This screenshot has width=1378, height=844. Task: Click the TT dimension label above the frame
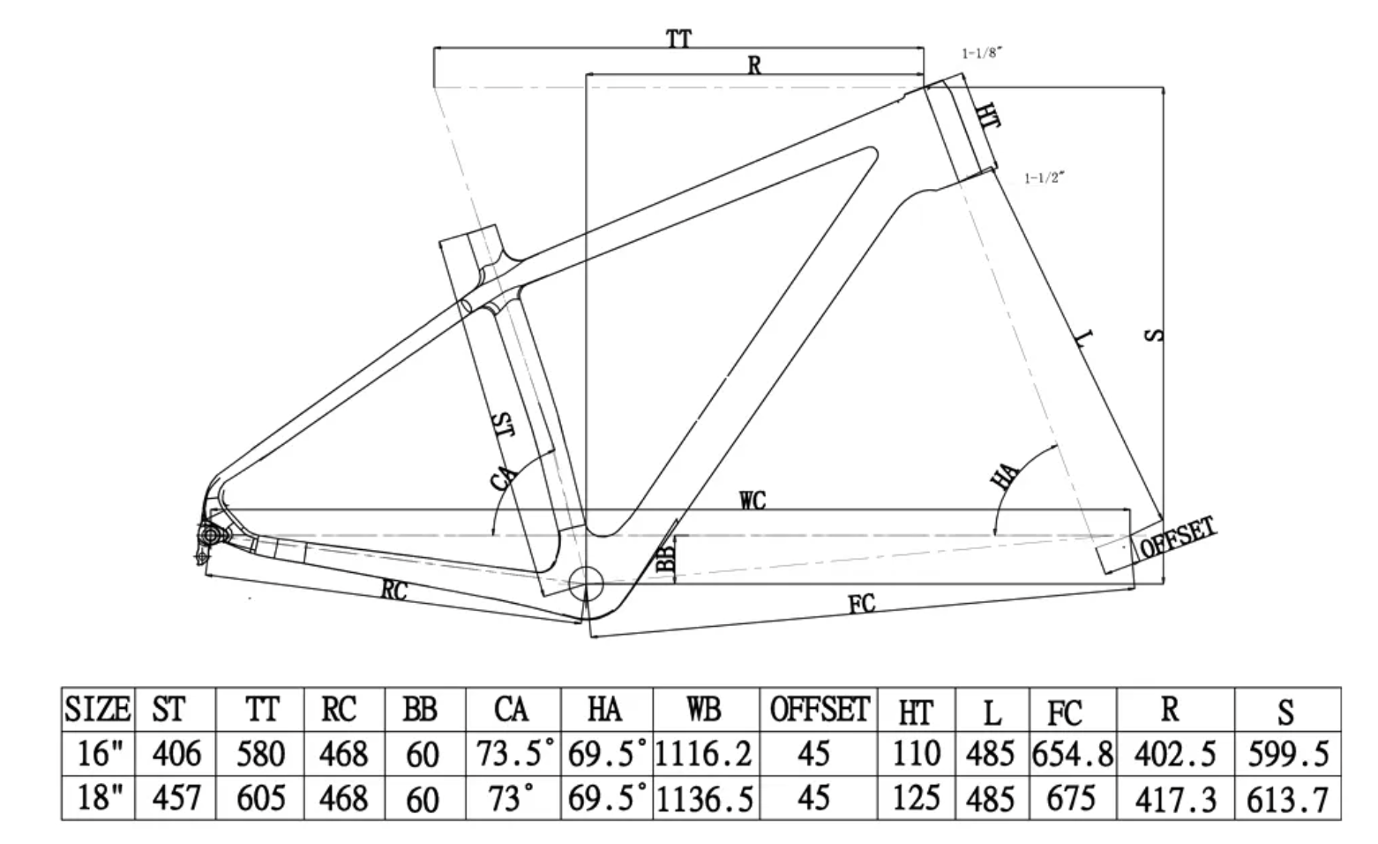point(678,39)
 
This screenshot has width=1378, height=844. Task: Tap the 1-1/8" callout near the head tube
point(982,54)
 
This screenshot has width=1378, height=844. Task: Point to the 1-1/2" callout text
point(1045,178)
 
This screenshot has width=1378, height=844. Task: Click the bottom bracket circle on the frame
point(585,584)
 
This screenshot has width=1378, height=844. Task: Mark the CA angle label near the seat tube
point(504,476)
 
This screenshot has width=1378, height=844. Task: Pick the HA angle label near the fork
point(1006,476)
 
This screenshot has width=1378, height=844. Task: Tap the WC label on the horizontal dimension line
point(753,501)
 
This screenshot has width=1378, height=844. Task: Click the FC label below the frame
point(861,604)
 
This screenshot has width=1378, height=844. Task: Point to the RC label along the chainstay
point(394,590)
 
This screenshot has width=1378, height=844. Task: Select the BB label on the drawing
point(667,558)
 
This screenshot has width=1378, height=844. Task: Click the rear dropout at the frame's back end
point(210,533)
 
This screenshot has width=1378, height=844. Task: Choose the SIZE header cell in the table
point(98,709)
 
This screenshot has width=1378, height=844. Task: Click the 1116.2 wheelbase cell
point(704,754)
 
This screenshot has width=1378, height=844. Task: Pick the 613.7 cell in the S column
point(1287,800)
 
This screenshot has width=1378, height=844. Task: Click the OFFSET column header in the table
point(819,709)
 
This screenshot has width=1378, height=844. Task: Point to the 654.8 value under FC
point(1071,755)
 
